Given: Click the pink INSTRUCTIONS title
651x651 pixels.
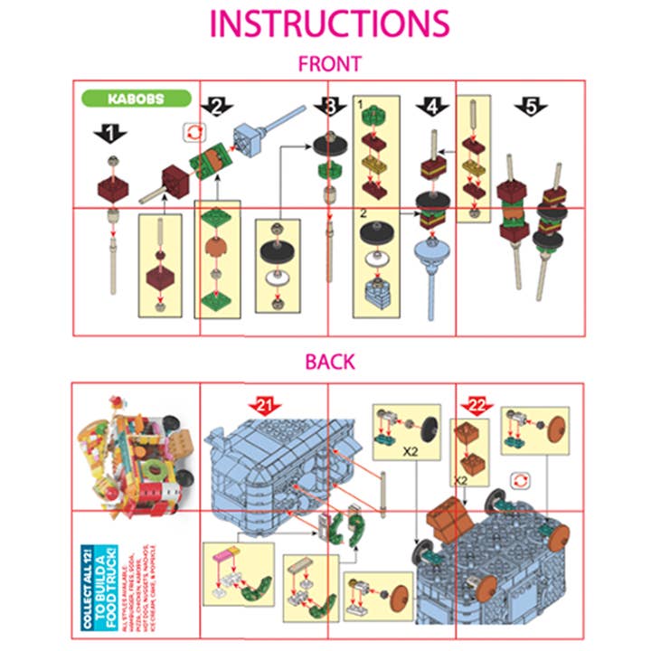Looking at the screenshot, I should click(x=328, y=24).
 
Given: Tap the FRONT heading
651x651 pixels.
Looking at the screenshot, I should click(x=330, y=64).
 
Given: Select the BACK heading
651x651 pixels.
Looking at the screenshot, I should click(x=329, y=362).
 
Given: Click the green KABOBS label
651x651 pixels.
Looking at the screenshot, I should click(x=137, y=99).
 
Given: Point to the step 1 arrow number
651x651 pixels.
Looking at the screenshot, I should click(x=110, y=134).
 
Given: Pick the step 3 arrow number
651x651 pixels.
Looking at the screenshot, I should click(x=332, y=108).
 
